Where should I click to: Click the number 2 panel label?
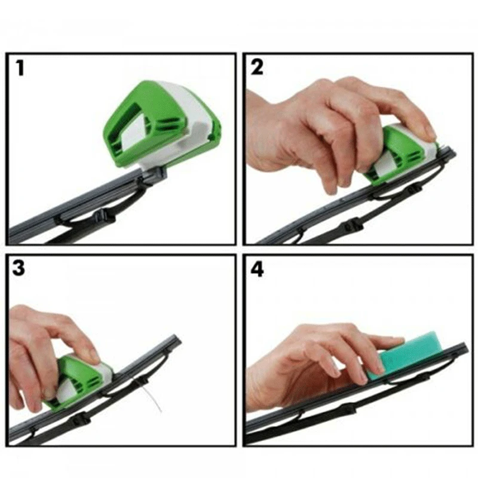(x=258, y=67)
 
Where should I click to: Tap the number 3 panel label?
(x=20, y=268)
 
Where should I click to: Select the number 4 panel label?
(x=258, y=268)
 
